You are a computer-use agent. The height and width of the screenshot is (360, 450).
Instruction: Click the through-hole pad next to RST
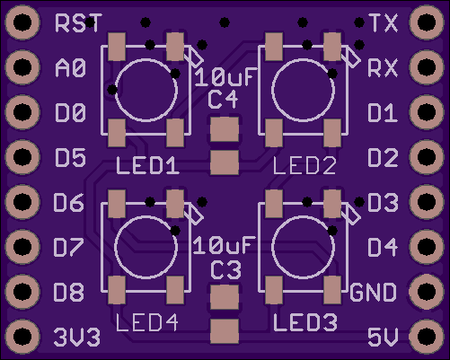(x=22, y=22)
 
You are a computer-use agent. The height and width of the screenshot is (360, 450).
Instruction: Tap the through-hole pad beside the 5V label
(x=427, y=337)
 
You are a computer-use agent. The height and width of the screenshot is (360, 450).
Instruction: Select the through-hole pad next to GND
(x=427, y=291)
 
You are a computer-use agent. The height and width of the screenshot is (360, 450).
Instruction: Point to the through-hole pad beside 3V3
(x=22, y=337)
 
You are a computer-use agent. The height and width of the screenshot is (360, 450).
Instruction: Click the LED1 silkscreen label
(x=147, y=165)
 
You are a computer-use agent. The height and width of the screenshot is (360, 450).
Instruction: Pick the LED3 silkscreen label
(x=305, y=322)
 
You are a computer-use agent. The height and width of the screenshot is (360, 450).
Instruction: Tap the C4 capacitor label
(x=223, y=100)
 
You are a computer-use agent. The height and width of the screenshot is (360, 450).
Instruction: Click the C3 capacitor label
(x=225, y=270)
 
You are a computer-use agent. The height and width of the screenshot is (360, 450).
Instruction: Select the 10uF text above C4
(x=225, y=77)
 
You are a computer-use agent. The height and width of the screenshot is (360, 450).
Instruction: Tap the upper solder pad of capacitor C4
(x=225, y=129)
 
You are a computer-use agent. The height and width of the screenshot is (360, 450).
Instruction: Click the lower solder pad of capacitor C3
(x=225, y=331)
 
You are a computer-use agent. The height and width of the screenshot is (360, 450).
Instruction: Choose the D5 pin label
(x=70, y=157)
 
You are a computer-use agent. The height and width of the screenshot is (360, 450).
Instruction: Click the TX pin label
(x=384, y=22)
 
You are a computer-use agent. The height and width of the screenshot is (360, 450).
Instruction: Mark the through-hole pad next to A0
(x=22, y=67)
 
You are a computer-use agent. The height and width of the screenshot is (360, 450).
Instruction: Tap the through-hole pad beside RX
(x=427, y=67)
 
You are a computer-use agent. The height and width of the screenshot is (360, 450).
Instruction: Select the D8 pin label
(x=68, y=292)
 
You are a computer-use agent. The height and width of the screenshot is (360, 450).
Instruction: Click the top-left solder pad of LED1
(x=117, y=47)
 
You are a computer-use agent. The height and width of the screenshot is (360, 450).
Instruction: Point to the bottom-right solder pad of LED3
(x=332, y=290)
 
